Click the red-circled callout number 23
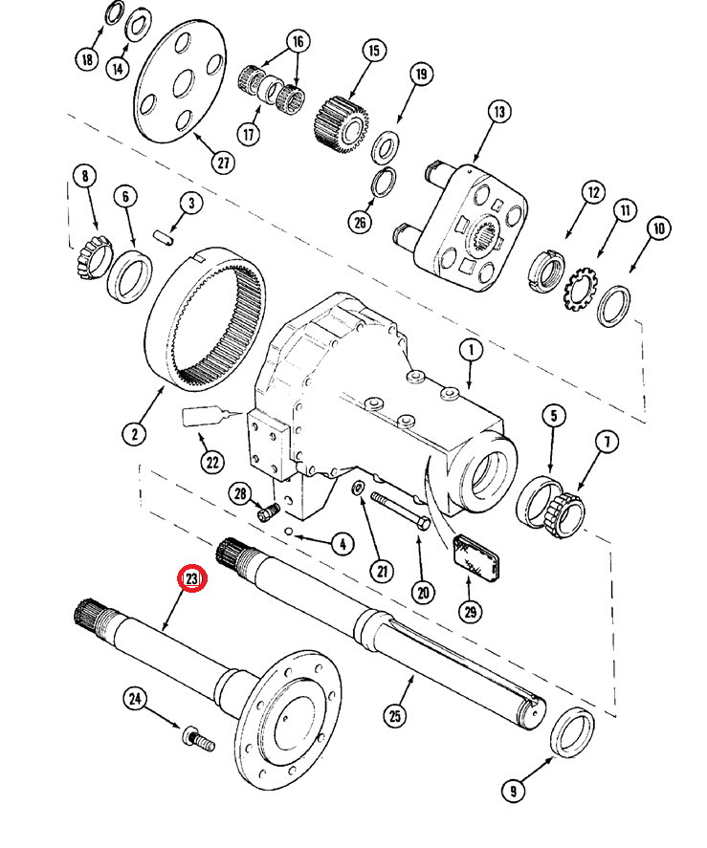(x=192, y=579)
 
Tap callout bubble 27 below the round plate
(x=223, y=163)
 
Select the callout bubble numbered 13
(x=498, y=113)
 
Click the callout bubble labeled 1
(x=470, y=351)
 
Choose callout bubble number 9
(x=513, y=791)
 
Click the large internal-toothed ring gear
(x=211, y=319)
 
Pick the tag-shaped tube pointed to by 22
(x=203, y=416)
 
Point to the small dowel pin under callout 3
(x=164, y=235)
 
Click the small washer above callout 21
(x=357, y=490)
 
